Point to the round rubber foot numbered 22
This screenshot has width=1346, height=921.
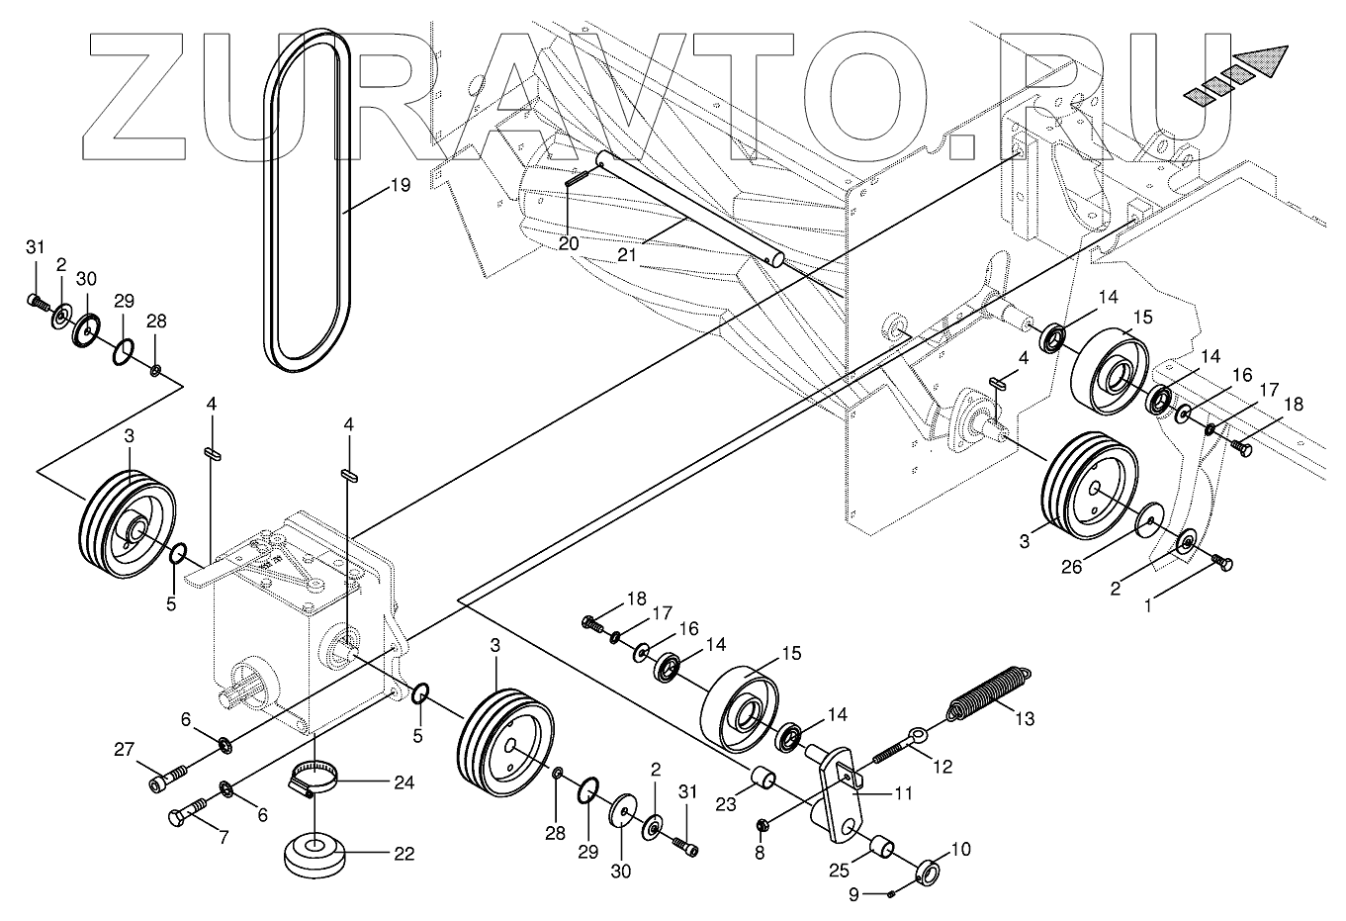click(x=315, y=852)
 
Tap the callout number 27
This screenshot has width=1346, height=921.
click(x=123, y=750)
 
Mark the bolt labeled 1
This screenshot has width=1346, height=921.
click(x=1223, y=563)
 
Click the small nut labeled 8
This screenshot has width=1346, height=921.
click(x=763, y=824)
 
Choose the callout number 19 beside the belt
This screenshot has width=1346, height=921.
click(x=371, y=184)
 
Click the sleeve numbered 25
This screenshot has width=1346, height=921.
click(x=883, y=849)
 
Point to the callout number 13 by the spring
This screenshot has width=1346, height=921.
click(x=1025, y=719)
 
